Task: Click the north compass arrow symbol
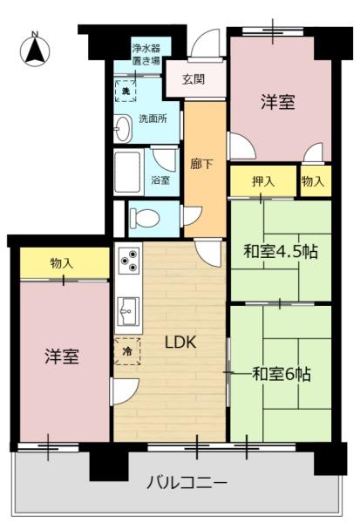[35, 50]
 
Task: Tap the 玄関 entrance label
[194, 79]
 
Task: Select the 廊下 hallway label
[201, 164]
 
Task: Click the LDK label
[180, 343]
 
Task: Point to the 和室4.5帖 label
[281, 252]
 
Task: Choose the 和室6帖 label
[282, 374]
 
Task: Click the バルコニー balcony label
[187, 483]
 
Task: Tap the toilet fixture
[145, 219]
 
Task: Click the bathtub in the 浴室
[128, 172]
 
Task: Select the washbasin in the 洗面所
[122, 128]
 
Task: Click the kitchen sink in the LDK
[128, 311]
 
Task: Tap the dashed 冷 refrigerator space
[127, 351]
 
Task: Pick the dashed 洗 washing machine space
[126, 91]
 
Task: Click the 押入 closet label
[263, 181]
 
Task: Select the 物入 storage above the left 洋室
[65, 263]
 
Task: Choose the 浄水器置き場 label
[146, 55]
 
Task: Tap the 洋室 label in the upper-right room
[278, 102]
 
